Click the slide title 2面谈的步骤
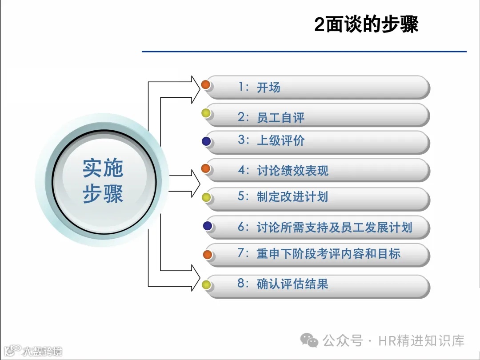pos(366,24)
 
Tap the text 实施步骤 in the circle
pos(103,180)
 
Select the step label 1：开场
pos(259,87)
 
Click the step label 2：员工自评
pos(271,117)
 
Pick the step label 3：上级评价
pos(271,140)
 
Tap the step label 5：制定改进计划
pos(283,196)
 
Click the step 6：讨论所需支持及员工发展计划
pos(324,228)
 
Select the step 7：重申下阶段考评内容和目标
pos(319,254)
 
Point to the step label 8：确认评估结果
pos(283,284)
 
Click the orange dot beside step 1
pos(206,84)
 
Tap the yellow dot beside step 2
pos(206,113)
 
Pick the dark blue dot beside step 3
pos(206,141)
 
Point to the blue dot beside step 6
pos(208,226)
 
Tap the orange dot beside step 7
pos(208,254)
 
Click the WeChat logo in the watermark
pos(309,340)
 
